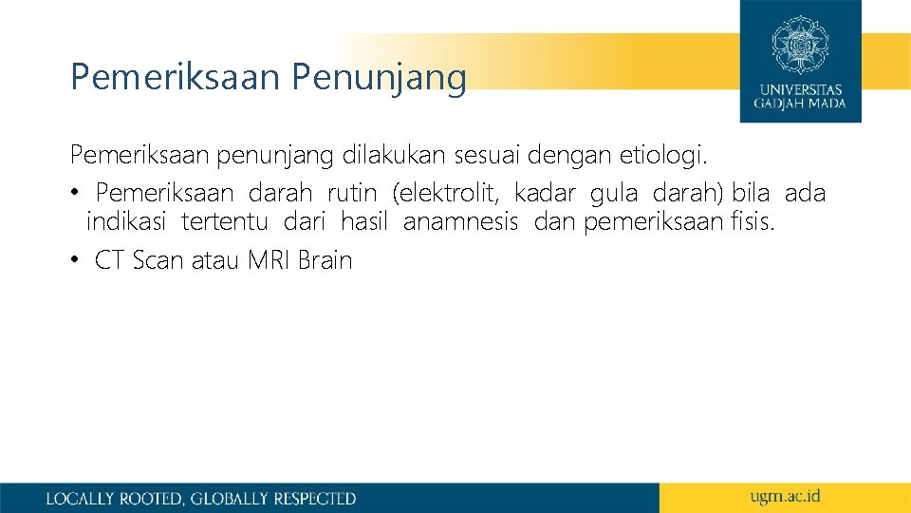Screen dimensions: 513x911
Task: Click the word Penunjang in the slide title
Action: [379, 78]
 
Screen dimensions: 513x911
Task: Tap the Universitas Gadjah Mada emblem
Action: [800, 45]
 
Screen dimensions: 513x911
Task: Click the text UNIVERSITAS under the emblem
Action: [800, 90]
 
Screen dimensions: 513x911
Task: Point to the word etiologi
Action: [670, 154]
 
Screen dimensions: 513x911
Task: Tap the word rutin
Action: [352, 194]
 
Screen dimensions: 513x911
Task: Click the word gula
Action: [613, 194]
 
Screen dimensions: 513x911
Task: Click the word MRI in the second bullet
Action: [270, 260]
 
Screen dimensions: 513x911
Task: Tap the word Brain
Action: [325, 260]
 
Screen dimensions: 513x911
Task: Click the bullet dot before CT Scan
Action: [75, 261]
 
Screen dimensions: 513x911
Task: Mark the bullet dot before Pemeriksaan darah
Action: [75, 195]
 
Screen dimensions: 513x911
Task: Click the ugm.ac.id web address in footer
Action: [784, 496]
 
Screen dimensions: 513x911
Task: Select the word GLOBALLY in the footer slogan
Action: [230, 498]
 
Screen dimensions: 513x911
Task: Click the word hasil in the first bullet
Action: [364, 223]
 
